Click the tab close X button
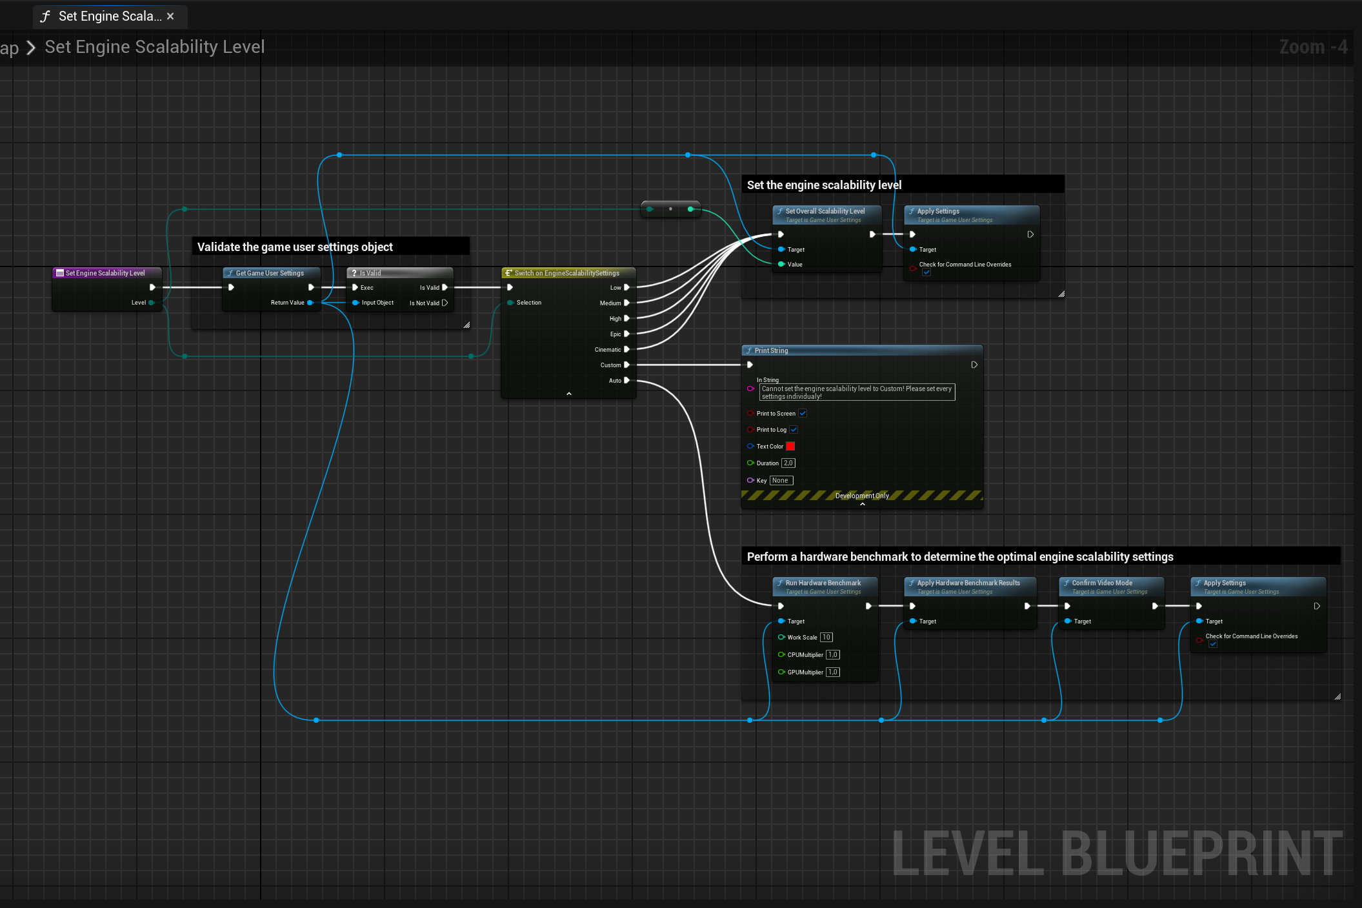[170, 16]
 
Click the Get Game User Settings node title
[270, 273]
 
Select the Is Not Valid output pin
[445, 303]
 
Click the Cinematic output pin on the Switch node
[626, 350]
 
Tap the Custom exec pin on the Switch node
[626, 365]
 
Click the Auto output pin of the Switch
[626, 381]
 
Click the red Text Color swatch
[790, 446]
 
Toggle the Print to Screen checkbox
[803, 413]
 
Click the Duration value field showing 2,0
[788, 463]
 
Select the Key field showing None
[781, 480]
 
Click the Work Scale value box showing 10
[826, 637]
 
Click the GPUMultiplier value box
[833, 672]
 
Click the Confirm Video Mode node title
[1102, 583]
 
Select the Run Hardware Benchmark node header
[823, 583]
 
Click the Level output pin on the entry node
[152, 303]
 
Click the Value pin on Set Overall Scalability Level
[781, 264]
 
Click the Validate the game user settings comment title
[295, 247]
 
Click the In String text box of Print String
[857, 392]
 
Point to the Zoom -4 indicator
[1312, 47]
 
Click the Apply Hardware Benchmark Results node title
[968, 583]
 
